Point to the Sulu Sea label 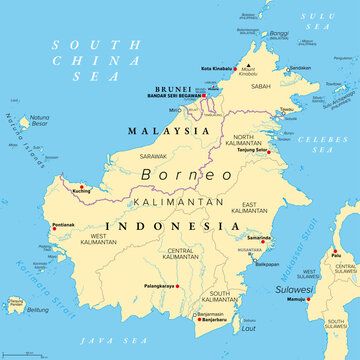(321, 17)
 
